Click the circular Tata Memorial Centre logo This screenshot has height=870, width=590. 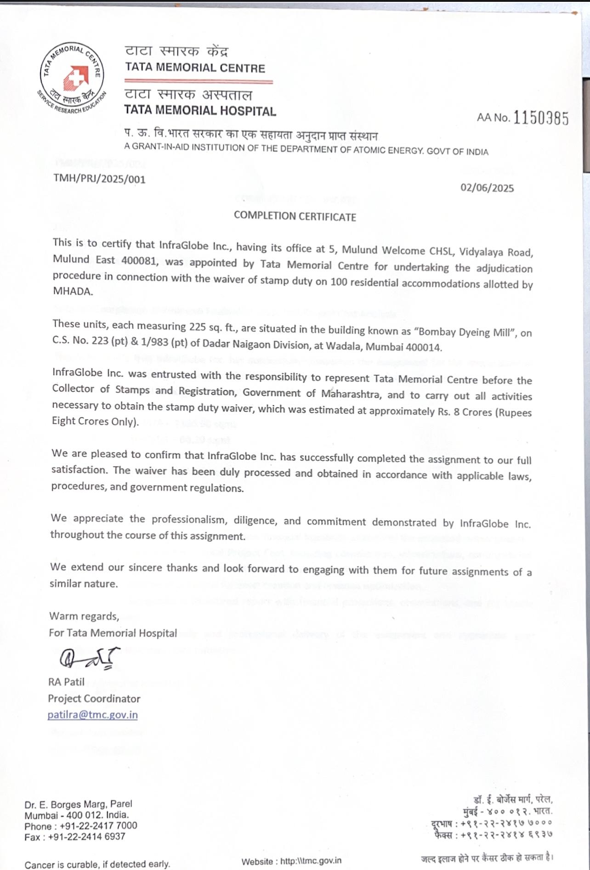tap(72, 77)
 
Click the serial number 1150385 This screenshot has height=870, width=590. tap(541, 118)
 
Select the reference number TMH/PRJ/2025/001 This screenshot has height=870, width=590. tap(99, 179)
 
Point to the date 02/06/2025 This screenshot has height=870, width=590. tap(487, 187)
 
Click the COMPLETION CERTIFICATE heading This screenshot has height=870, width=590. tap(295, 216)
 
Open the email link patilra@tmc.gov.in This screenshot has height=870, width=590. tap(93, 715)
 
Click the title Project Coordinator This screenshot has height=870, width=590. tap(94, 698)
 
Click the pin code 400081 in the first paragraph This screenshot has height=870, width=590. tap(140, 260)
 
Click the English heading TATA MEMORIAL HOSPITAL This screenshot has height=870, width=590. tap(200, 111)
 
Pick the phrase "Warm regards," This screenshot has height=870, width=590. tap(84, 616)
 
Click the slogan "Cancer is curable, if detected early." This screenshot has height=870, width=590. tap(97, 864)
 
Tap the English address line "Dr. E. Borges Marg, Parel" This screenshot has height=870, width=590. tap(79, 804)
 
